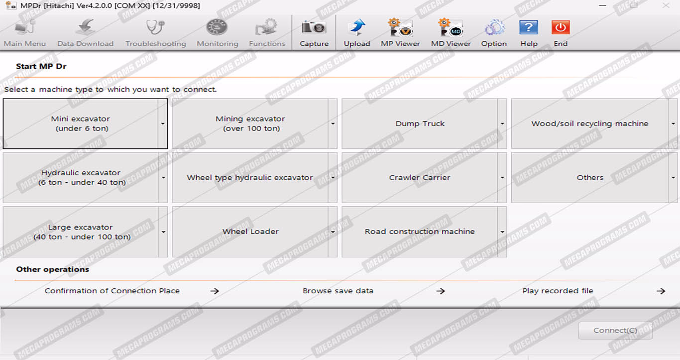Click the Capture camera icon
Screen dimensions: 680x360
314,27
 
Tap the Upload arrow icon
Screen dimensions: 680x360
357,27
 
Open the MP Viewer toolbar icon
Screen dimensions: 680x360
400,27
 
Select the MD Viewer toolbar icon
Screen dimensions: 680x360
451,27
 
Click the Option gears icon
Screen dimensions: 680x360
494,27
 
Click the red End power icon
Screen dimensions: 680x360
561,27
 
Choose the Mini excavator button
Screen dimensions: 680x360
81,123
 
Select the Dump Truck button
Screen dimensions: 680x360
420,123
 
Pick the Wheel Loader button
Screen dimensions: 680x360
250,232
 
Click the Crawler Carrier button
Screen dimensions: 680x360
420,178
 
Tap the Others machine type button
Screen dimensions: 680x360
590,178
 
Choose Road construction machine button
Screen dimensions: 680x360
420,232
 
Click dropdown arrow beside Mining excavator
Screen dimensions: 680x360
333,123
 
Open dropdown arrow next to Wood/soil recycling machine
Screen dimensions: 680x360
673,123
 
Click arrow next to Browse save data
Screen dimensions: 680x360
441,291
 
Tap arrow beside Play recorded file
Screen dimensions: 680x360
661,291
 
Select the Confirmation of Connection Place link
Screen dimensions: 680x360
112,291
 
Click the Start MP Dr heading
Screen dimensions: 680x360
41,66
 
